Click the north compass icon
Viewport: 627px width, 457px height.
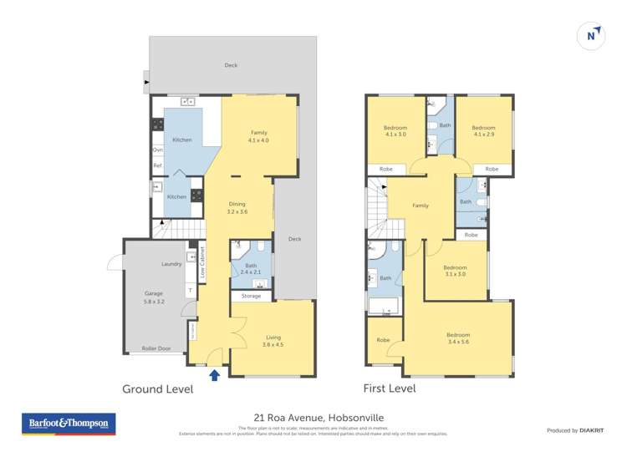[591, 35]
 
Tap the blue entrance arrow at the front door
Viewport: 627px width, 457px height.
[214, 375]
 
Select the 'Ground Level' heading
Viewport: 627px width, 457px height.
[157, 389]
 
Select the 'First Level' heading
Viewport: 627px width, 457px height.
[389, 388]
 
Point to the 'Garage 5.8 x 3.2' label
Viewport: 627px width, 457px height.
[153, 297]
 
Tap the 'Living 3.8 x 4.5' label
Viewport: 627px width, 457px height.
[273, 340]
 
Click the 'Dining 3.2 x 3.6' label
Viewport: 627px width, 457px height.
[237, 208]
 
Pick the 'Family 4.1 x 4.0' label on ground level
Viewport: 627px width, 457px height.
[259, 136]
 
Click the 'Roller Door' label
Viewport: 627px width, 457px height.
[155, 348]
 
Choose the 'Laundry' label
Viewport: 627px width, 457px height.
[171, 264]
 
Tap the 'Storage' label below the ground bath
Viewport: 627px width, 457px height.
[251, 296]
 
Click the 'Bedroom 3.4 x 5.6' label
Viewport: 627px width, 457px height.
[458, 338]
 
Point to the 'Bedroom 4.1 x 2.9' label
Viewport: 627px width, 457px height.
[483, 131]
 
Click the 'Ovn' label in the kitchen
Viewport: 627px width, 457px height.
[157, 150]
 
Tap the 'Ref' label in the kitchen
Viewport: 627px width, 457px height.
[156, 165]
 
